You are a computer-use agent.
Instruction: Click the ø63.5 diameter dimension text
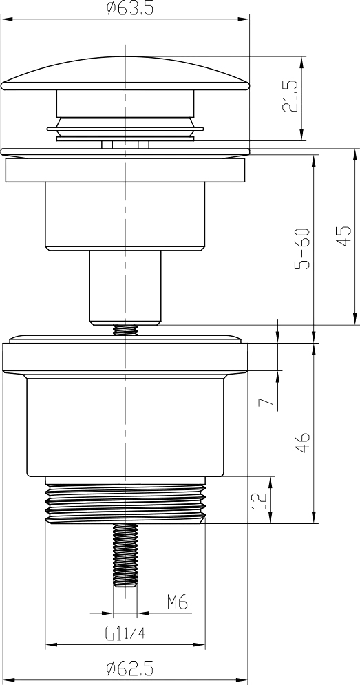point(128,9)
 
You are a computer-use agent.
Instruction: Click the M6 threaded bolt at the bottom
point(125,554)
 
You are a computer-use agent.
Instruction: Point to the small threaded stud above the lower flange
point(125,330)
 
